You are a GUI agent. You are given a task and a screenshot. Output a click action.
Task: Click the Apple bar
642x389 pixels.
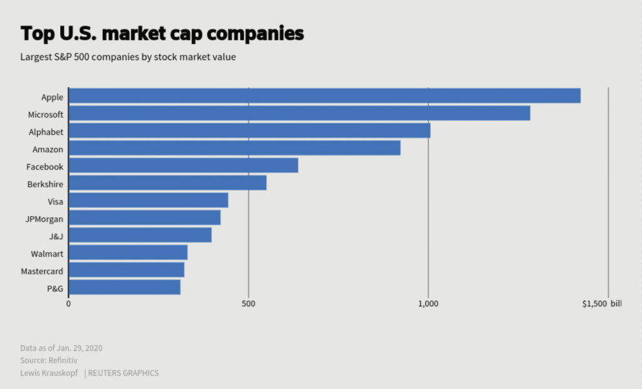pos(324,96)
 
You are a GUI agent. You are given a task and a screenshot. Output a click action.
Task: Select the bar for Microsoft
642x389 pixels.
pos(299,113)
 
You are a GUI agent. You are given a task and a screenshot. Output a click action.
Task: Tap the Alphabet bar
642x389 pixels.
pos(249,131)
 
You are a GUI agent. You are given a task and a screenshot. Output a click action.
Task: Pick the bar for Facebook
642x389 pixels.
pos(183,165)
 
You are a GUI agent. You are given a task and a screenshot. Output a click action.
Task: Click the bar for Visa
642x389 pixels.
pos(148,200)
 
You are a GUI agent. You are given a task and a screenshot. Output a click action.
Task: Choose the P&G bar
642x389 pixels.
pos(124,288)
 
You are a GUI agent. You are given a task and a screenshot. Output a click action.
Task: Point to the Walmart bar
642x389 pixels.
pos(128,252)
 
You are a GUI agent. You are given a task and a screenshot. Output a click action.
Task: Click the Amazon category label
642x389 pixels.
pos(48,149)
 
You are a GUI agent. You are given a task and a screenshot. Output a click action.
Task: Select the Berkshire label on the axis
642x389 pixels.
pos(45,184)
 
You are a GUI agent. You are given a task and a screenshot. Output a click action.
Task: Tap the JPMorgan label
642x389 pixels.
pos(44,219)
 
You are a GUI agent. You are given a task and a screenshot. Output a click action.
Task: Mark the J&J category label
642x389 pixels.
pos(56,236)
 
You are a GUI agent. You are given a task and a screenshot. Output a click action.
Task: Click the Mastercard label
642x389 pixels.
pos(42,271)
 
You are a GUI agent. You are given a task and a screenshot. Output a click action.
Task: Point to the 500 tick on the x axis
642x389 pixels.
pos(248,304)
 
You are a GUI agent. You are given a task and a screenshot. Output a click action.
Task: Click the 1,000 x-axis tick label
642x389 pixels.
pos(428,304)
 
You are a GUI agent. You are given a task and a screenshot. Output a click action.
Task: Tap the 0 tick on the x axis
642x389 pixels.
pos(68,304)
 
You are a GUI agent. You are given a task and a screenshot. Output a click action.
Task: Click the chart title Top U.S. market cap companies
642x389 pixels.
pos(162,33)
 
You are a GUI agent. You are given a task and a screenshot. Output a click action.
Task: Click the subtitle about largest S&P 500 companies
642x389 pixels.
pos(128,57)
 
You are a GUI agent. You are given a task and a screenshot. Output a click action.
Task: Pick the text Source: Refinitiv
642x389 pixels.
pos(50,360)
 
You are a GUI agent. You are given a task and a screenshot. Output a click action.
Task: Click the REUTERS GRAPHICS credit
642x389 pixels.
pos(123,373)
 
